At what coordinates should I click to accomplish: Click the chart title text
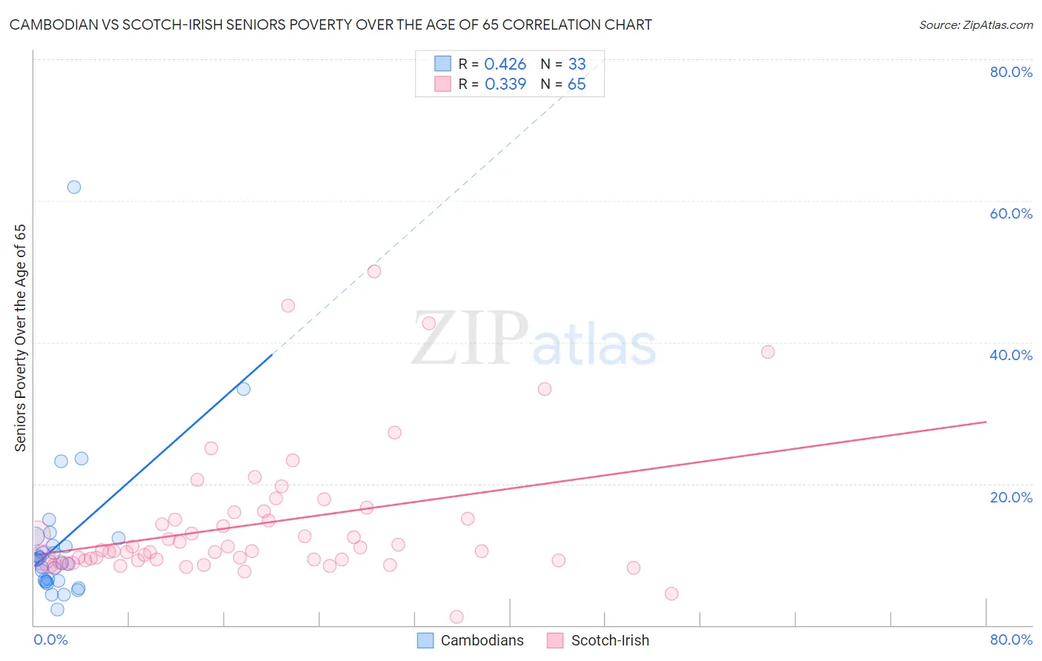(x=331, y=24)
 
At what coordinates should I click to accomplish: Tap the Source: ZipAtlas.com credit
(x=975, y=24)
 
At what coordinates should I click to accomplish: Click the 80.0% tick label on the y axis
(x=1011, y=72)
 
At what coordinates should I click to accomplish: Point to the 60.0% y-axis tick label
(x=1011, y=213)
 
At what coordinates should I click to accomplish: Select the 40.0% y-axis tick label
(x=1011, y=355)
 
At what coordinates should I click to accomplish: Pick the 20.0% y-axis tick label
(x=1011, y=497)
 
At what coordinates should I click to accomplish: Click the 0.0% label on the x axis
(x=50, y=640)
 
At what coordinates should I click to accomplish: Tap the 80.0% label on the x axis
(x=1011, y=640)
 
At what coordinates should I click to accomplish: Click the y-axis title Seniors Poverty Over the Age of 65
(x=20, y=338)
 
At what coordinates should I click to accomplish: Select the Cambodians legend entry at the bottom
(x=471, y=640)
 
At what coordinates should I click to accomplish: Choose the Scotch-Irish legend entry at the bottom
(x=598, y=640)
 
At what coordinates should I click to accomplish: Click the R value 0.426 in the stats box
(x=505, y=64)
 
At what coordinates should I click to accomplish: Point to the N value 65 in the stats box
(x=577, y=84)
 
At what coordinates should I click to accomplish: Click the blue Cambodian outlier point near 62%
(x=74, y=187)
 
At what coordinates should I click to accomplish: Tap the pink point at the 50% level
(x=374, y=272)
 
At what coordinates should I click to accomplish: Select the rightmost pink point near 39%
(x=768, y=352)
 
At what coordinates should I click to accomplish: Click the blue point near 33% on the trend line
(x=243, y=389)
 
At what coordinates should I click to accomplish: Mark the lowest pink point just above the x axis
(x=457, y=617)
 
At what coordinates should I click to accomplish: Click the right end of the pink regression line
(x=986, y=422)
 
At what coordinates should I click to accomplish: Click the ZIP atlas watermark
(x=534, y=339)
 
